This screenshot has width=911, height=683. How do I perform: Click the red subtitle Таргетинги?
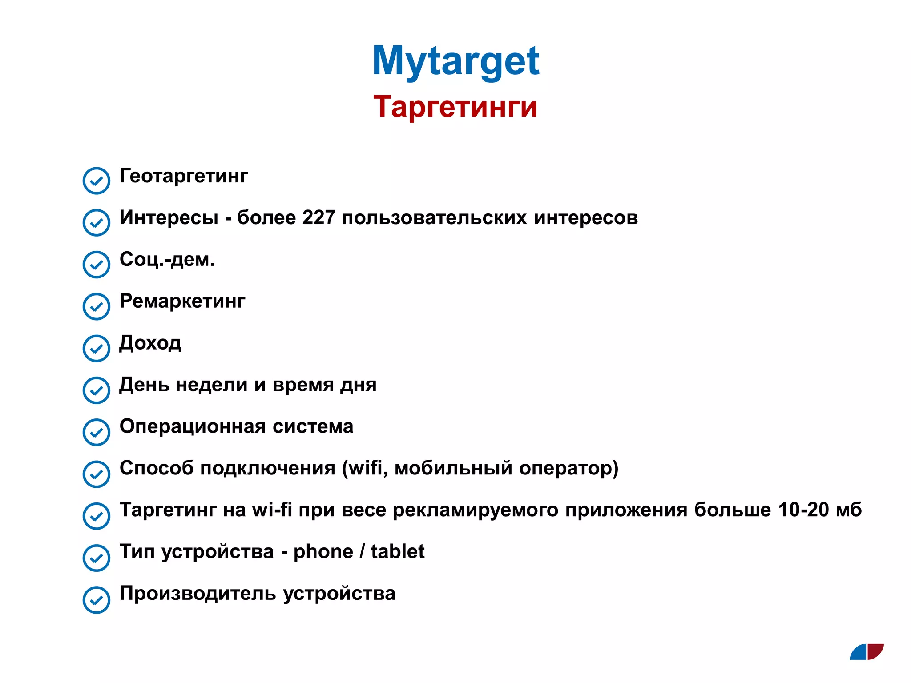click(455, 107)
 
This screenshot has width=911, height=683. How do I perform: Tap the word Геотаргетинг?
click(184, 176)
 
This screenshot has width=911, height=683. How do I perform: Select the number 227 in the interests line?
click(318, 218)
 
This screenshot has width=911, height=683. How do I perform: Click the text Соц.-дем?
click(167, 259)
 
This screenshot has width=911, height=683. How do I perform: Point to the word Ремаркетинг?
click(182, 301)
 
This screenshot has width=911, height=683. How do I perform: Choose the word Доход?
click(150, 343)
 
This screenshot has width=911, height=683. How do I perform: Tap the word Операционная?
click(192, 426)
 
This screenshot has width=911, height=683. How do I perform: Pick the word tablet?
click(398, 552)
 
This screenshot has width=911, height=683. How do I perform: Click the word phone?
click(323, 552)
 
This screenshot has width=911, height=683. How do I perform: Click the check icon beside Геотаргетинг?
click(96, 181)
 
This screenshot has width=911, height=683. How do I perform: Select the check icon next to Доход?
click(96, 348)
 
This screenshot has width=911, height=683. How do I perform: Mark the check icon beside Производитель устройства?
click(96, 600)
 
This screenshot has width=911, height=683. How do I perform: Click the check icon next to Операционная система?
click(96, 432)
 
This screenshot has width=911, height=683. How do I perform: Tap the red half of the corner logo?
click(875, 651)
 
